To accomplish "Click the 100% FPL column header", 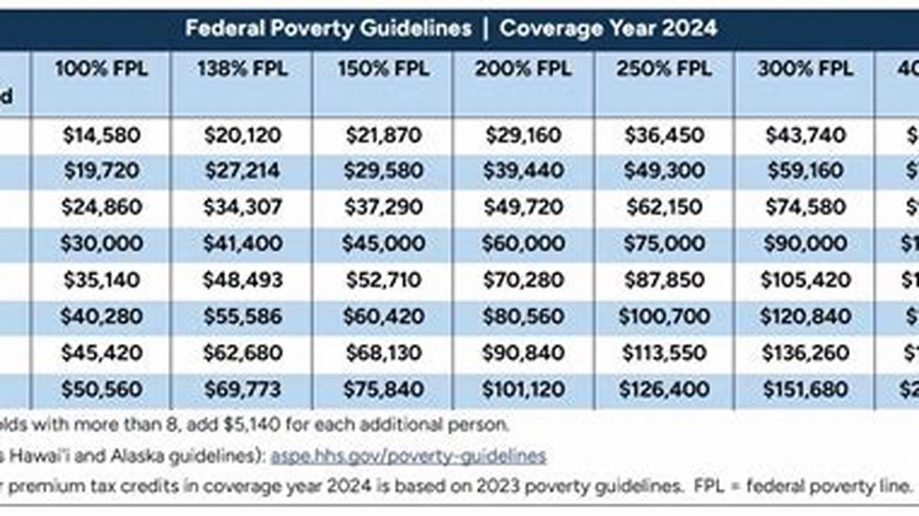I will [101, 69].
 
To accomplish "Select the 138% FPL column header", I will [242, 69].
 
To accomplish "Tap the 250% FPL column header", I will [664, 69].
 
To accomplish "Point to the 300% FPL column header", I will [805, 69].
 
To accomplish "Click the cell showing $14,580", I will [101, 135].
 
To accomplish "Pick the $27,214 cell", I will [243, 171].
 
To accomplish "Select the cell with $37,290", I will [383, 207].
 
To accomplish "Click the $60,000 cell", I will [523, 244].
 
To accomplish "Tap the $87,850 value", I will [664, 280].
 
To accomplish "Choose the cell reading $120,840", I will [805, 316].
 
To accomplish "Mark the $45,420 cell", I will [101, 353].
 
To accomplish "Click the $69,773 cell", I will [243, 390].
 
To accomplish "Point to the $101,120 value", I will [523, 390].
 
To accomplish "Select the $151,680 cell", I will [805, 390].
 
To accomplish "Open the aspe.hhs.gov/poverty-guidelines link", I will [408, 456].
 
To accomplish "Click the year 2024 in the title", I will [691, 29].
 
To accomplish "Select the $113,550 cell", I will [664, 353].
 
